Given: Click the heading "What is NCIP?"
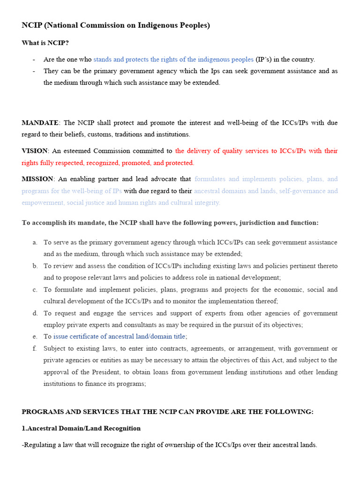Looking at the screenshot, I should click(45, 43).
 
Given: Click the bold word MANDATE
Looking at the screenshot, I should click(40, 123).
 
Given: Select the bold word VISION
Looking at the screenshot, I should click(35, 151).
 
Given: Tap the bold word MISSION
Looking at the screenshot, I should click(38, 179).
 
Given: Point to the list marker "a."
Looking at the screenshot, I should click(35, 242).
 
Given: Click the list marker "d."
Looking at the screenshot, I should click(35, 313).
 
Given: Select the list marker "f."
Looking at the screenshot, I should click(35, 348).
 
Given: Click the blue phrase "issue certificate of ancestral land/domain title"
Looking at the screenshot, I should click(120, 337).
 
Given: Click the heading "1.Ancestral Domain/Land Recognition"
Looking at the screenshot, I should click(81, 428).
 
